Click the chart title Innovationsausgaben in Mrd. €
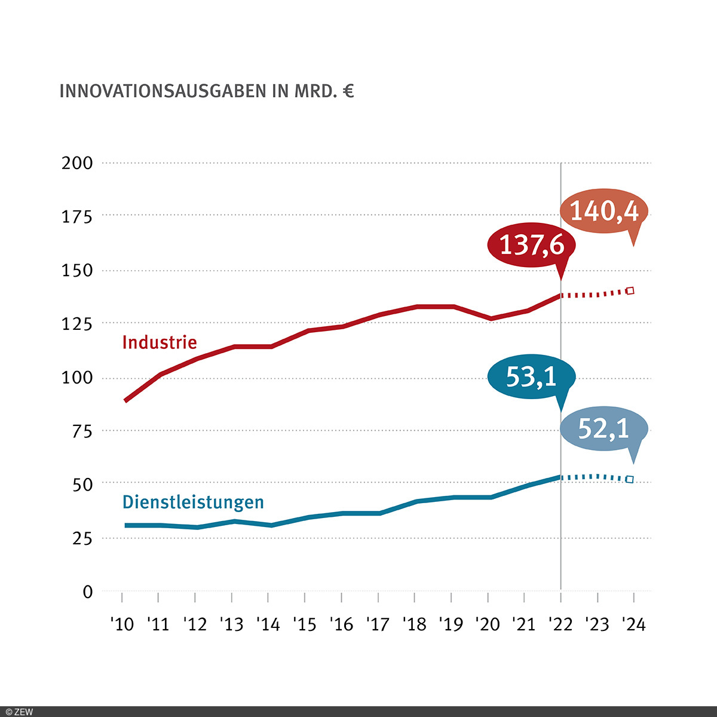(x=206, y=91)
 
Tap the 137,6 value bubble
(x=531, y=245)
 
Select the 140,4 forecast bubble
(x=604, y=211)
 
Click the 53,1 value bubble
(x=531, y=376)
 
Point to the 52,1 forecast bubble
(x=603, y=428)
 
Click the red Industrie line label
(x=159, y=342)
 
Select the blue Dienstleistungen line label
(x=193, y=502)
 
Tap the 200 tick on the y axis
(x=78, y=163)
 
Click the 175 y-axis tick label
(x=78, y=216)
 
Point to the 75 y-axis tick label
(x=82, y=431)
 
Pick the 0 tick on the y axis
(x=88, y=592)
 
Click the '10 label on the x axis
(x=122, y=624)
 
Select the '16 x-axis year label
(x=341, y=624)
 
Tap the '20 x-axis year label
(x=488, y=624)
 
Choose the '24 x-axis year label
(x=633, y=624)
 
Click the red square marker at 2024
(x=630, y=291)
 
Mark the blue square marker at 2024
(x=630, y=479)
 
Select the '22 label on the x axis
(x=560, y=624)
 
